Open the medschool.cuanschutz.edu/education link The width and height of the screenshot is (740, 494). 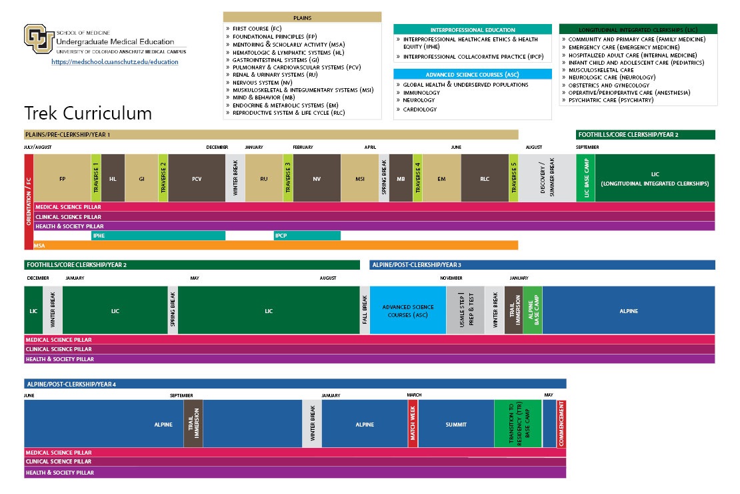[115, 62]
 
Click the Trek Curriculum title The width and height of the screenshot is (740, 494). [88, 112]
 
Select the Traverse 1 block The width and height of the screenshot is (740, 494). [96, 178]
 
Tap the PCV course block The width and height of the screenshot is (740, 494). [197, 178]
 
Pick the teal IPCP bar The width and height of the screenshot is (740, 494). [307, 236]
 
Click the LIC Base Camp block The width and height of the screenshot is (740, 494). [585, 178]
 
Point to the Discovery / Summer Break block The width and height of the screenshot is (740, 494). [547, 178]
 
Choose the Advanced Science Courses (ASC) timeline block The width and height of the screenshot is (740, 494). [408, 310]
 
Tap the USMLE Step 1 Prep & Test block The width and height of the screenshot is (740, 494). [465, 310]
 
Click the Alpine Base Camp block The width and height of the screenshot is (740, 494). [533, 310]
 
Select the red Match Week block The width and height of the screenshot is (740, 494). [413, 424]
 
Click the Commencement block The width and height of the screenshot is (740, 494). [561, 424]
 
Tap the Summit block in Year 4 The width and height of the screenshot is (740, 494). [456, 424]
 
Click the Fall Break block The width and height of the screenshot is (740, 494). [365, 310]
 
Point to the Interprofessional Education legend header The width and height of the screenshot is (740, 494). [472, 29]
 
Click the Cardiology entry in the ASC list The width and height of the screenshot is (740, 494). [420, 109]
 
